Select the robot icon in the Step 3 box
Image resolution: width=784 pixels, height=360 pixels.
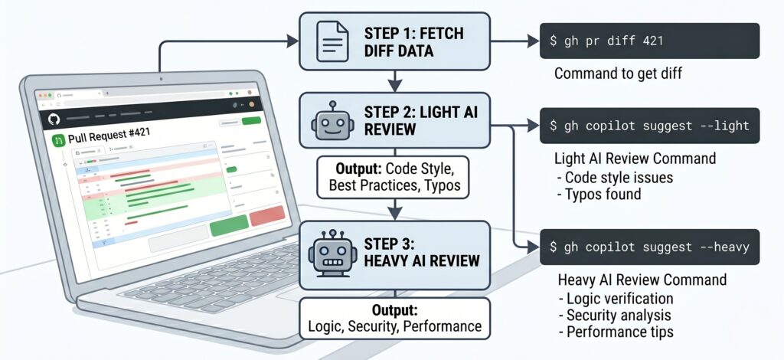(330, 254)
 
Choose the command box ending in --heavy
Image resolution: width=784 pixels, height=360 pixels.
(650, 247)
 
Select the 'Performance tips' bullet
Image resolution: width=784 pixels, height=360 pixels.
(618, 332)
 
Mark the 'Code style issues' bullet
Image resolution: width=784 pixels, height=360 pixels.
(619, 177)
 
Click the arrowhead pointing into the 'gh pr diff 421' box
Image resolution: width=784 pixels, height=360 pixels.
(533, 40)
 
